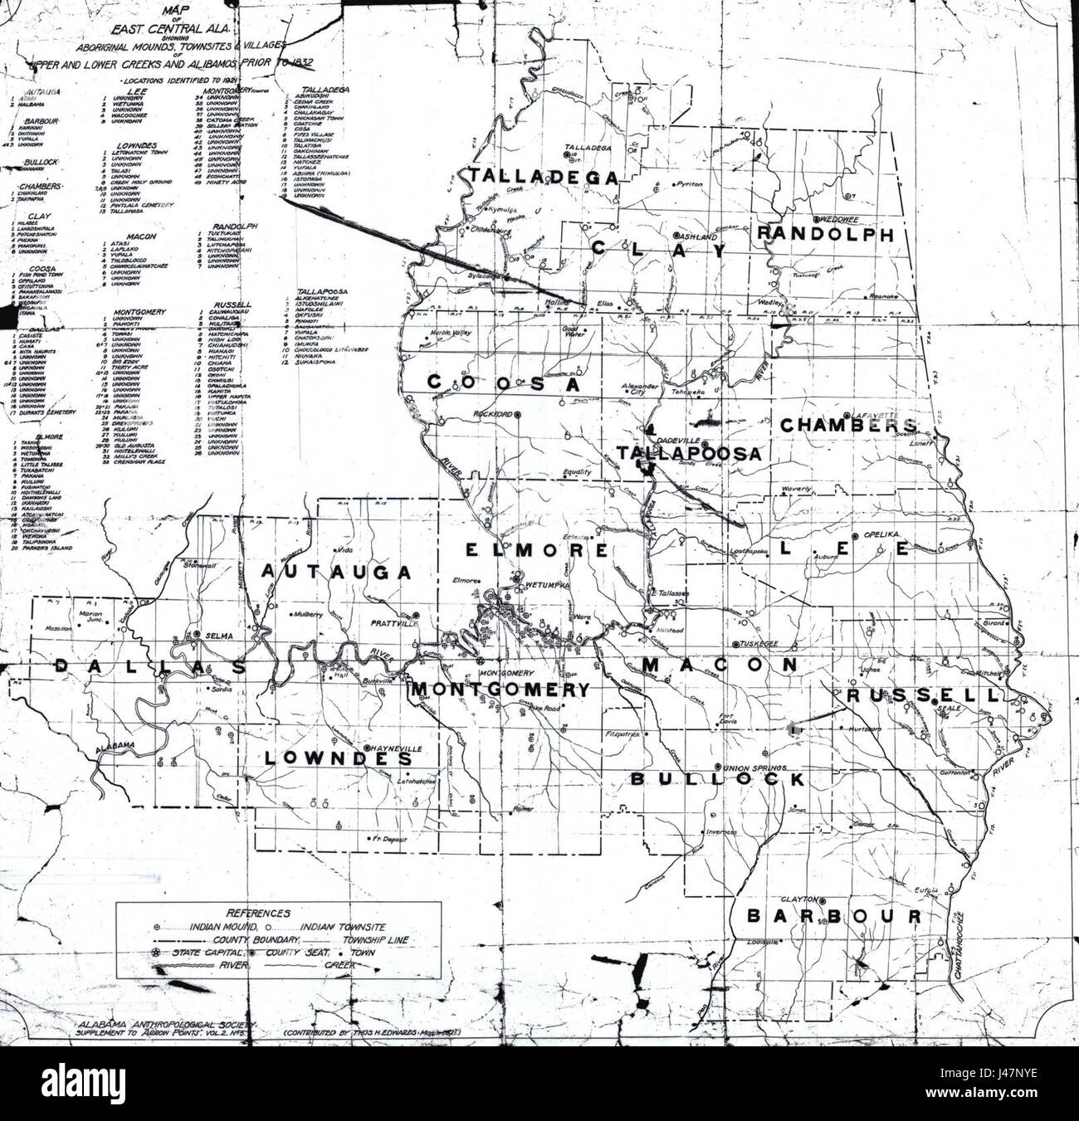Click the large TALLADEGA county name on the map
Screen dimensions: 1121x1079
543,176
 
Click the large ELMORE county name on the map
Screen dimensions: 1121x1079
524,549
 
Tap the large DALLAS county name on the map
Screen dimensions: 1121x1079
149,667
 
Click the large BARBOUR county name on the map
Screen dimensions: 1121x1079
832,916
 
